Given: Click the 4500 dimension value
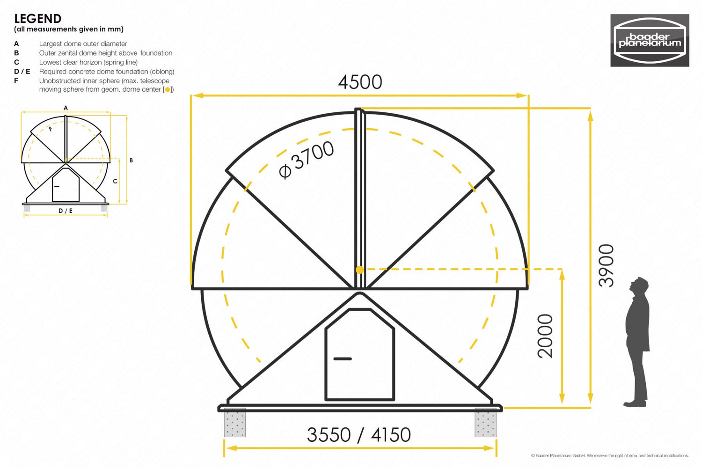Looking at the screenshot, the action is tap(360, 82).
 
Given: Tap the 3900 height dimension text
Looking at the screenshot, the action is tap(606, 265).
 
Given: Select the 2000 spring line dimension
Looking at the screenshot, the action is tap(545, 336).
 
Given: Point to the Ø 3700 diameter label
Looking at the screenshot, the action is tap(306, 160).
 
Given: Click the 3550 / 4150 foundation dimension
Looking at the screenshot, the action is tap(358, 435).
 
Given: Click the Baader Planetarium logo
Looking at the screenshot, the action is tap(650, 40).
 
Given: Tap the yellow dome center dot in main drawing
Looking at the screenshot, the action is tap(360, 270).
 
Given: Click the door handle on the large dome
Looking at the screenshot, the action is tap(343, 358).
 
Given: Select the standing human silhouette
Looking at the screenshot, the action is tap(636, 342).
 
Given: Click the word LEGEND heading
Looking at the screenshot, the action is tap(37, 19).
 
